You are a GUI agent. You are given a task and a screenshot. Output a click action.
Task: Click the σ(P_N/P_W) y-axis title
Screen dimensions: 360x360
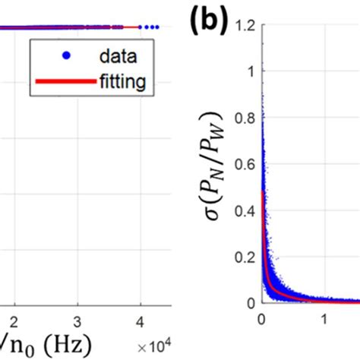click(x=216, y=182)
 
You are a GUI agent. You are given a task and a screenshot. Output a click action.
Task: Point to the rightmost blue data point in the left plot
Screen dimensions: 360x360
click(x=157, y=27)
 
